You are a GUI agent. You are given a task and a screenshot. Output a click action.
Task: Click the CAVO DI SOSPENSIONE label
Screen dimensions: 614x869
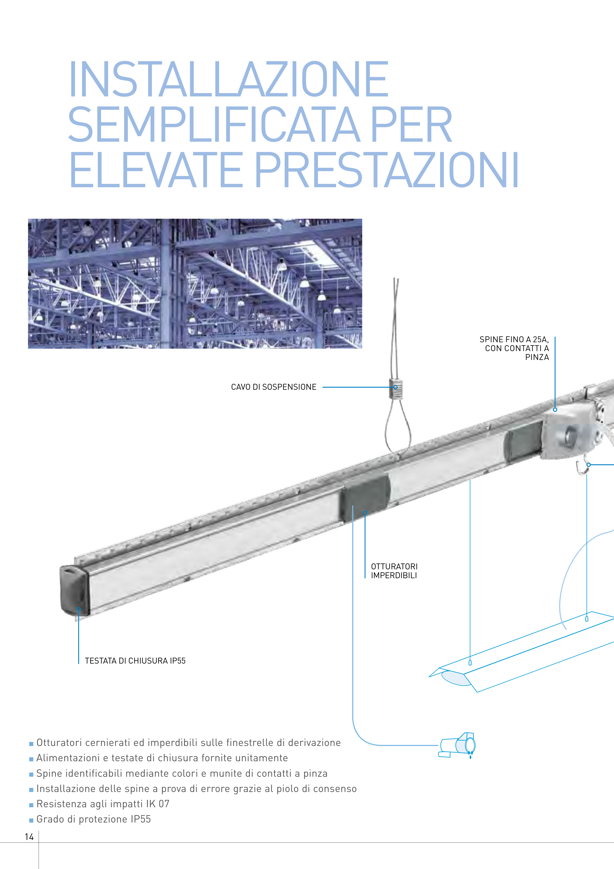[x=273, y=387]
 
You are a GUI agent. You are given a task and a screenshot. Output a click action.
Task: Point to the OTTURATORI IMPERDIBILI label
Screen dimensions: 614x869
[x=394, y=571]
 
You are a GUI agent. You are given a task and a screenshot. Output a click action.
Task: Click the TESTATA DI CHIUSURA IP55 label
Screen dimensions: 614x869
[x=135, y=660]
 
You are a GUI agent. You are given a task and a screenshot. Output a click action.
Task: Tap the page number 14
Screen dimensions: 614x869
[x=29, y=837]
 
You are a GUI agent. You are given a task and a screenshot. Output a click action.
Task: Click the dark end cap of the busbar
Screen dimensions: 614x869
[x=75, y=590]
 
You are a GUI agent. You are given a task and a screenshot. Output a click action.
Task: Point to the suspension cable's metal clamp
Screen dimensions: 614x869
[x=396, y=388]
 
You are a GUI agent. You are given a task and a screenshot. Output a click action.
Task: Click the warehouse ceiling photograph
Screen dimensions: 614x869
[x=195, y=283]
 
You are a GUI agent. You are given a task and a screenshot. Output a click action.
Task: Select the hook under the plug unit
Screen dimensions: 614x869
[x=582, y=468]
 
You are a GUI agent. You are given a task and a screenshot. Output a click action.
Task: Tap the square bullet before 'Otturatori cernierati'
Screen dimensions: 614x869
[x=31, y=744]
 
